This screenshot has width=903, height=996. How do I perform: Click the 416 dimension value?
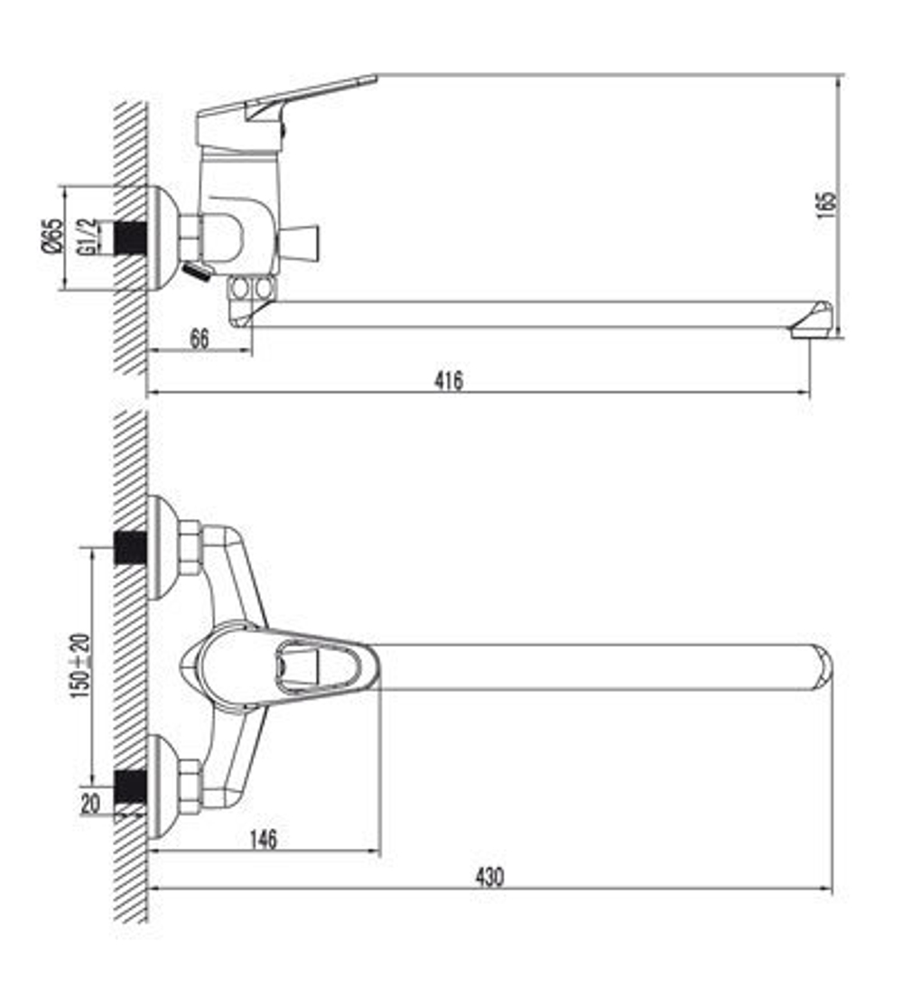click(x=448, y=381)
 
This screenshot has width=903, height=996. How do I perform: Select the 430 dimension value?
click(x=490, y=876)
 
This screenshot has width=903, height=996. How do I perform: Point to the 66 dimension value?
click(x=200, y=340)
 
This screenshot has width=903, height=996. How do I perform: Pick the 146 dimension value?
click(x=262, y=839)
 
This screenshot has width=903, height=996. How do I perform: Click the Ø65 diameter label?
click(x=53, y=237)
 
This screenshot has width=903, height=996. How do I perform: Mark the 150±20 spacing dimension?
click(x=80, y=666)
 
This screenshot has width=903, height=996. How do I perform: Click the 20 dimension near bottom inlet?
click(x=91, y=803)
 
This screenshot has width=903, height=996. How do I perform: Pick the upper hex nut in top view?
click(x=190, y=548)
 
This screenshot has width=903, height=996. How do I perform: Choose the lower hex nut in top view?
click(x=190, y=787)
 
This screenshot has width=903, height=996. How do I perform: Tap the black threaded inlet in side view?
click(x=130, y=237)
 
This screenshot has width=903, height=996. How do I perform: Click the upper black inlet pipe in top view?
click(x=130, y=548)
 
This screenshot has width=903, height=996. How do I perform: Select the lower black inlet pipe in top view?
click(x=130, y=787)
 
